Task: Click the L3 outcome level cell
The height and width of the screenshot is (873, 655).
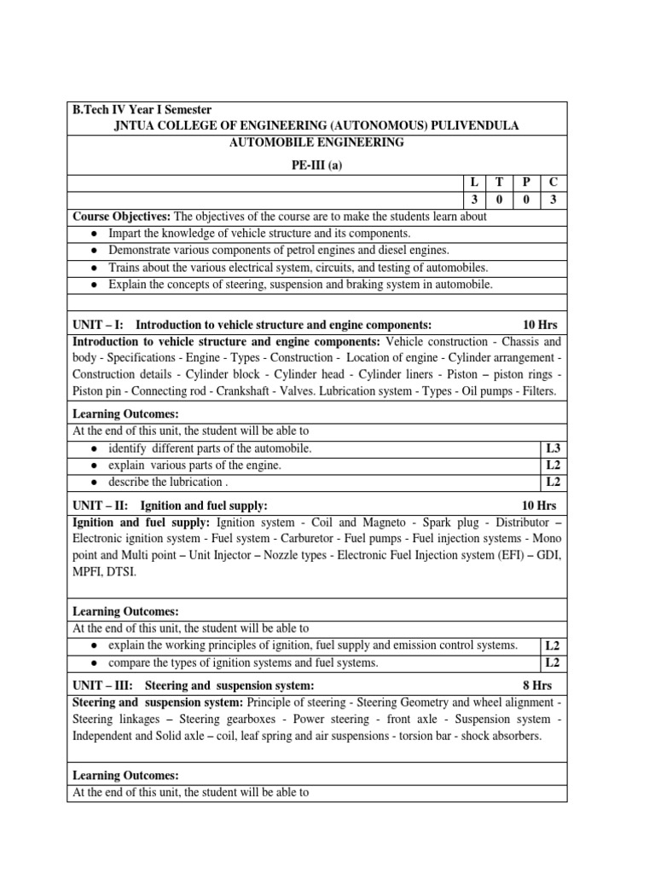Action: pos(553,448)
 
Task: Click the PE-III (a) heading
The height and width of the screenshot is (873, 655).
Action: pos(316,166)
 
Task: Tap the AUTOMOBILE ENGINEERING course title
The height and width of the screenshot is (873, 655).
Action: pos(316,142)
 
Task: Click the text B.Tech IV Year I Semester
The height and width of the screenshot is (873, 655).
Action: pos(142,110)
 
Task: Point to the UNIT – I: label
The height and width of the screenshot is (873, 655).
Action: pos(99,325)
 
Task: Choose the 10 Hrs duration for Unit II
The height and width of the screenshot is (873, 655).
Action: pos(539,506)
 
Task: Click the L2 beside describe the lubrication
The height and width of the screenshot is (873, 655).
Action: pos(553,482)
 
